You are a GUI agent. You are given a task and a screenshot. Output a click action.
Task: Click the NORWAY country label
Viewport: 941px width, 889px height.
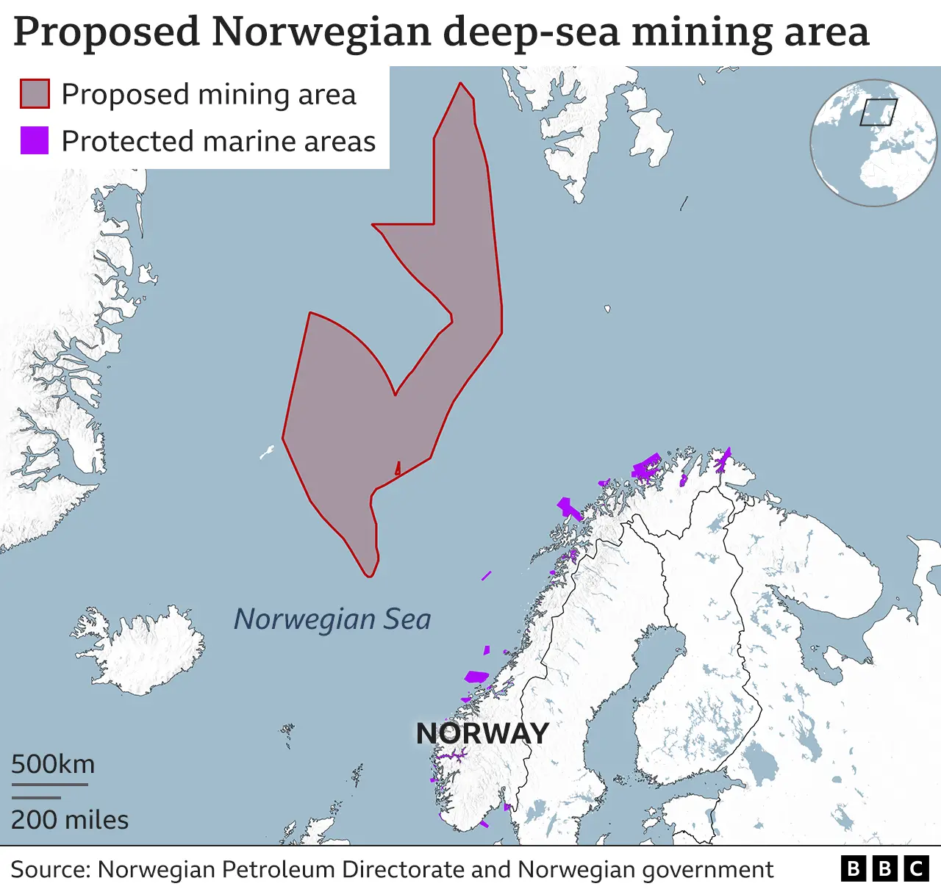pos(482,733)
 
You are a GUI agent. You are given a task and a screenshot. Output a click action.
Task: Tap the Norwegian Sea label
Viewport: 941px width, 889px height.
pos(332,619)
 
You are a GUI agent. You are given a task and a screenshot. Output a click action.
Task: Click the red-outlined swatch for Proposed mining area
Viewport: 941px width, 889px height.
pos(35,94)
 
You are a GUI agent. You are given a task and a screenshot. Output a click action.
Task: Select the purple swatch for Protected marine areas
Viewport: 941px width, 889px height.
pos(35,140)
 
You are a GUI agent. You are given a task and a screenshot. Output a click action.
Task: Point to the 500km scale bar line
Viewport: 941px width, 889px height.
pos(49,785)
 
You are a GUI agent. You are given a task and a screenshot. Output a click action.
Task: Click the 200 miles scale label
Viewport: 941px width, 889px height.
pos(70,820)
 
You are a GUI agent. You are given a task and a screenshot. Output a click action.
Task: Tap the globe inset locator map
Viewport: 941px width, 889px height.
pos(874,143)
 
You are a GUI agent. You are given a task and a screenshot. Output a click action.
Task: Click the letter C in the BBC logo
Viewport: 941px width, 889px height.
pos(916,869)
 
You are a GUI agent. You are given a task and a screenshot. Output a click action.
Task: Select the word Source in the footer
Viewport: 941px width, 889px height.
pos(49,870)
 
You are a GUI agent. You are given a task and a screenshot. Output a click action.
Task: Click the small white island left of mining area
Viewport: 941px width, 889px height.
pos(267,452)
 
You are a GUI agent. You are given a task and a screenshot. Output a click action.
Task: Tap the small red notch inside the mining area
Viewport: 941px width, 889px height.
pos(398,468)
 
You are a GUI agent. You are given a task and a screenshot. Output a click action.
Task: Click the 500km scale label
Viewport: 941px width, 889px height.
pos(53,764)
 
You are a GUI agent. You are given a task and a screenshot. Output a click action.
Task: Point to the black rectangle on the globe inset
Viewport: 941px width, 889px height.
pos(879,112)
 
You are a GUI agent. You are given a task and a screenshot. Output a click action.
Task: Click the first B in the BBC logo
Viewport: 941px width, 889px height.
pos(853,869)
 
